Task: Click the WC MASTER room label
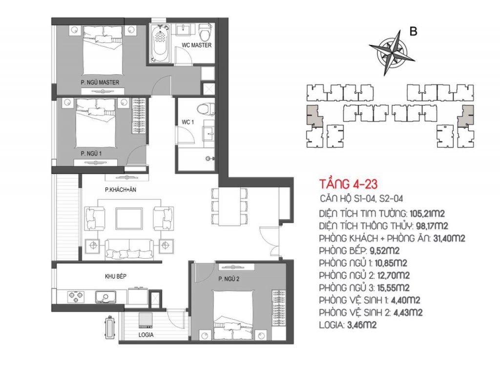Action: (196, 45)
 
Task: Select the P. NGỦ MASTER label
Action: (100, 82)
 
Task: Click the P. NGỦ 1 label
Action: (91, 153)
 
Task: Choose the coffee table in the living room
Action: (129, 218)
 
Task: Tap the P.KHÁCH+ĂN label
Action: (121, 190)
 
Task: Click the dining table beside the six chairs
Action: (229, 206)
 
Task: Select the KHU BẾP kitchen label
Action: (115, 277)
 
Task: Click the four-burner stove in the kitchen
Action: (76, 297)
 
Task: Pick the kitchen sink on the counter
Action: (105, 297)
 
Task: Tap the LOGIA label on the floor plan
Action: (146, 335)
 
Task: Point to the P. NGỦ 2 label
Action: (229, 279)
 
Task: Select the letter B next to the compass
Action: (413, 32)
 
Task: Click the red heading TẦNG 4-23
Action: (348, 184)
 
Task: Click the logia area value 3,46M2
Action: (361, 325)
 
